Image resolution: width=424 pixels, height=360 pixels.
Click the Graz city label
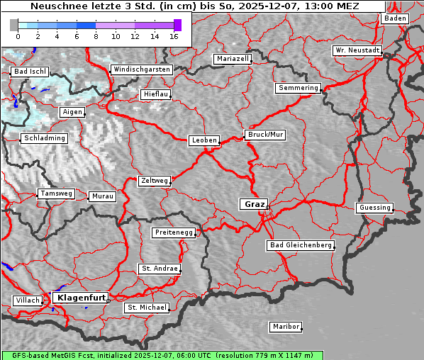254,204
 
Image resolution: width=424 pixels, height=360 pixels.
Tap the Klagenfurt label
81,298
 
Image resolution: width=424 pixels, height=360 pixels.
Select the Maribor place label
286,327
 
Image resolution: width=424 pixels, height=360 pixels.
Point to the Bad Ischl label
30,72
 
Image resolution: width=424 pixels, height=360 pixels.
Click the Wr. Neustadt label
357,50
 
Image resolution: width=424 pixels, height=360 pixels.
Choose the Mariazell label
233,59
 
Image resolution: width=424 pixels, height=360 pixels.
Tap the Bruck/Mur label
265,134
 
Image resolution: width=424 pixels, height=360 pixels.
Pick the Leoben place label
204,140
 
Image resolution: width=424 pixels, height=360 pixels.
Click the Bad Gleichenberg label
300,245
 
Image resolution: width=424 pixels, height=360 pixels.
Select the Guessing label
374,208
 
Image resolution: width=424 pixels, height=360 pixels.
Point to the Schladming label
44,138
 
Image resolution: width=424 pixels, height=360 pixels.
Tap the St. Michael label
147,308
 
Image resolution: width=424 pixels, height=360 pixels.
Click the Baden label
396,18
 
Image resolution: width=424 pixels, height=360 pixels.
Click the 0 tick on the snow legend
18,36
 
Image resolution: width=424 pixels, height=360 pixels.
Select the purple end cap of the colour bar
178,25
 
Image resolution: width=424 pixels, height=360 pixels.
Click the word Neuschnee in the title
55,6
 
